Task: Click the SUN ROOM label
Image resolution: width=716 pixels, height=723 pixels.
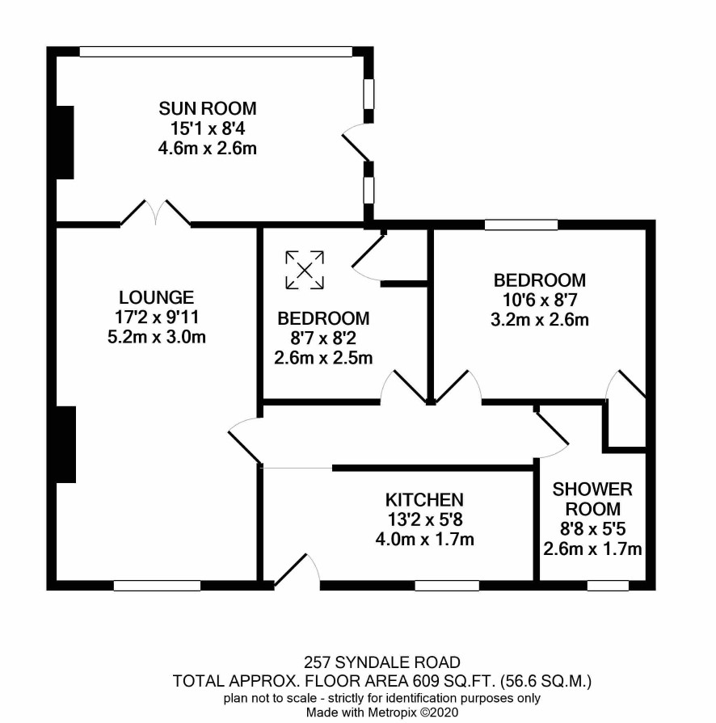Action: click(208, 108)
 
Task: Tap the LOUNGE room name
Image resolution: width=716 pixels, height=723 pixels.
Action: click(157, 297)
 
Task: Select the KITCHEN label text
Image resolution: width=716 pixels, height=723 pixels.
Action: click(424, 500)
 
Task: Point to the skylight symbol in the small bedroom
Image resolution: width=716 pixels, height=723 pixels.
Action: click(305, 270)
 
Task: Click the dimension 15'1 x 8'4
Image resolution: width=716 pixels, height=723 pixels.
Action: click(208, 128)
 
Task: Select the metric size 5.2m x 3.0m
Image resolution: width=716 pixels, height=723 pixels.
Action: click(157, 337)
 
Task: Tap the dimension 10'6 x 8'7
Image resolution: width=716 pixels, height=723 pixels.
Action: click(540, 301)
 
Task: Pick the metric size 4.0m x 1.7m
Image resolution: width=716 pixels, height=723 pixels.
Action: click(424, 540)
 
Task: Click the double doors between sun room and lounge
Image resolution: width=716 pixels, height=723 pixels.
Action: click(155, 213)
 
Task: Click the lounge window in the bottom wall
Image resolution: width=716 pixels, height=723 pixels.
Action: click(157, 586)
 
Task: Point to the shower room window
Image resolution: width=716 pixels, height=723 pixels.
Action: click(608, 586)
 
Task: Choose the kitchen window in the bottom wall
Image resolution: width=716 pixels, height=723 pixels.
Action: click(447, 586)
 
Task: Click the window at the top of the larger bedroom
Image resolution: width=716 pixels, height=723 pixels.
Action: click(521, 225)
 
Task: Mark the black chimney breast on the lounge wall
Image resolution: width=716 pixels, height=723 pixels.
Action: click(65, 444)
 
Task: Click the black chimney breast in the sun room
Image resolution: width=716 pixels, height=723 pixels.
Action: click(65, 142)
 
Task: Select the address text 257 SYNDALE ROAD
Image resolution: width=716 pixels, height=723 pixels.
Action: click(382, 662)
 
